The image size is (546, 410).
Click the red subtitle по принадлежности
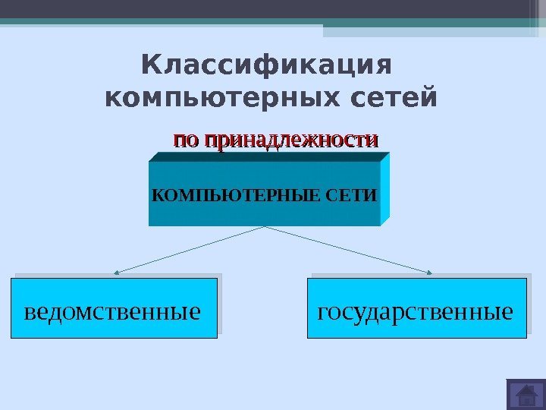pos(276,140)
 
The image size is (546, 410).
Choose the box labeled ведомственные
pos(114,308)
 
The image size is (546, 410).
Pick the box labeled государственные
pos(416,308)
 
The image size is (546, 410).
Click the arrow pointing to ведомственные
pos(190,249)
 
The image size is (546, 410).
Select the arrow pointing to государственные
pos(349,249)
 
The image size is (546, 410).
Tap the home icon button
pos(525,396)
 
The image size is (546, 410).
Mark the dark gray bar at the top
pos(265,9)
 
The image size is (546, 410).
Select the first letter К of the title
pos(150,66)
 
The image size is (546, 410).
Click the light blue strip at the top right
pos(432,31)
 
